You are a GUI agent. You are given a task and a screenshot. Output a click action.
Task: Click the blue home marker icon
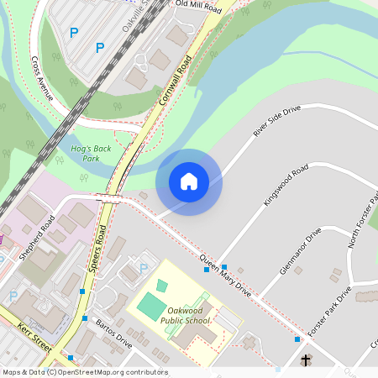189,181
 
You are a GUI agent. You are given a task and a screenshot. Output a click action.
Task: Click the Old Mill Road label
197,8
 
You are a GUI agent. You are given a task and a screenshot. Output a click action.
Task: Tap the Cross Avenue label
42,79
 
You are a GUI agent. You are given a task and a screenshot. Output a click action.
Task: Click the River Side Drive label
276,121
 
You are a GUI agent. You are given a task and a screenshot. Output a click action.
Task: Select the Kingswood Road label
286,186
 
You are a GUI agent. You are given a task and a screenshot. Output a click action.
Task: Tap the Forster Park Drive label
329,312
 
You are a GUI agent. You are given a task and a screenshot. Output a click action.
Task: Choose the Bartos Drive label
113,333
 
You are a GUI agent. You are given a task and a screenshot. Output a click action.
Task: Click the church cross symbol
306,361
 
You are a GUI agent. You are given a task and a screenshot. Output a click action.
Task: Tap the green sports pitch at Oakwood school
152,306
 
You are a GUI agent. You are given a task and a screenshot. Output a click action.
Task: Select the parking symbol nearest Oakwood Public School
144,269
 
